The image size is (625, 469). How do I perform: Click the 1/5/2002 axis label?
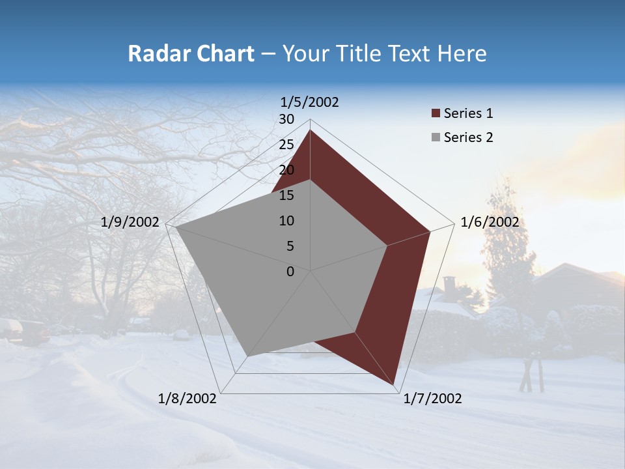click(x=310, y=102)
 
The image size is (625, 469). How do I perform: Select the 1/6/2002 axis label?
click(x=490, y=222)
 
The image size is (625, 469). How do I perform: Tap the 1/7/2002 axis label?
click(x=432, y=399)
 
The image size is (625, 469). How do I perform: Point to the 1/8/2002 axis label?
click(x=187, y=399)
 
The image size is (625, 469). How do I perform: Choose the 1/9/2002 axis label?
click(x=130, y=222)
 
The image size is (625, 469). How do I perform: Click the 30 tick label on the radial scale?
click(x=286, y=119)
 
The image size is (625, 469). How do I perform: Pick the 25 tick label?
click(x=286, y=145)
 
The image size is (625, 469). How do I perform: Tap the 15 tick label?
click(x=286, y=195)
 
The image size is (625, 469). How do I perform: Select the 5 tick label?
click(x=290, y=246)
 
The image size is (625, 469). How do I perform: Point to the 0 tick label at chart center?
click(x=290, y=272)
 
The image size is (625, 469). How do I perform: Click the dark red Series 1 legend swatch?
click(x=436, y=114)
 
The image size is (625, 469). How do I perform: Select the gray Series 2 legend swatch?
click(x=436, y=137)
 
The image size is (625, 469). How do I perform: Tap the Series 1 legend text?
click(x=468, y=113)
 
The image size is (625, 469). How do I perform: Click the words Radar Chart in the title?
click(x=190, y=53)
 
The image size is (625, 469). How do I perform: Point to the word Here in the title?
click(x=462, y=53)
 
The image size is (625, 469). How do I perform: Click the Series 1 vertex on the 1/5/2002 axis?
click(x=310, y=130)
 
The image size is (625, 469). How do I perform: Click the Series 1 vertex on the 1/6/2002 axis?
click(x=430, y=231)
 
